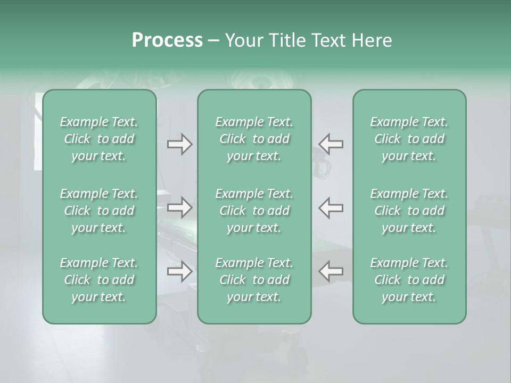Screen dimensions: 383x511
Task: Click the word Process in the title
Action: coord(167,40)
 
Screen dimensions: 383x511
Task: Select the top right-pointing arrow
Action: coord(179,144)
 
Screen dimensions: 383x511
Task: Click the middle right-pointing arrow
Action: coord(179,207)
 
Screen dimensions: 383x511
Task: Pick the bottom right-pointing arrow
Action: coord(179,271)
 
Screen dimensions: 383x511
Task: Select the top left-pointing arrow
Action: coord(331,144)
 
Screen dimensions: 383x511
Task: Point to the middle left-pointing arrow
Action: coord(331,207)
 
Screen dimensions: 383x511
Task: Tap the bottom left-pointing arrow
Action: coord(331,271)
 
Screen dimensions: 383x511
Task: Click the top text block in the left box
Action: coord(99,139)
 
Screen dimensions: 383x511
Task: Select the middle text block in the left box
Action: coord(99,210)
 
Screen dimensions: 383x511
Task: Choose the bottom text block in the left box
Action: coord(99,280)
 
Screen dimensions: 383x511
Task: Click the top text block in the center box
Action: coord(254,139)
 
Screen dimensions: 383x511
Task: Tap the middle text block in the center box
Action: coord(254,210)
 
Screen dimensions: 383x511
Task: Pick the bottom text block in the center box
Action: coord(254,280)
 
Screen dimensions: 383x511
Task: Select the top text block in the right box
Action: coord(409,139)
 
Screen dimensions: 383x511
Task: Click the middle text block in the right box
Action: coord(409,210)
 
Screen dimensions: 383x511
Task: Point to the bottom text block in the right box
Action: coord(409,280)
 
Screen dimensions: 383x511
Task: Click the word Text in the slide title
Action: coord(326,40)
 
